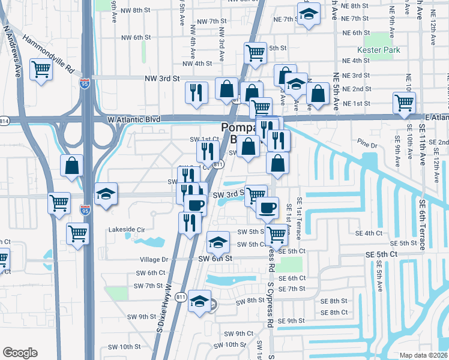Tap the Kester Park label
(x=378, y=50)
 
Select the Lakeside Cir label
(x=127, y=230)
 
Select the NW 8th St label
(x=134, y=10)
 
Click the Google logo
(x=20, y=352)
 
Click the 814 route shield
(x=4, y=120)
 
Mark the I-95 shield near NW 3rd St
(x=86, y=82)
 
